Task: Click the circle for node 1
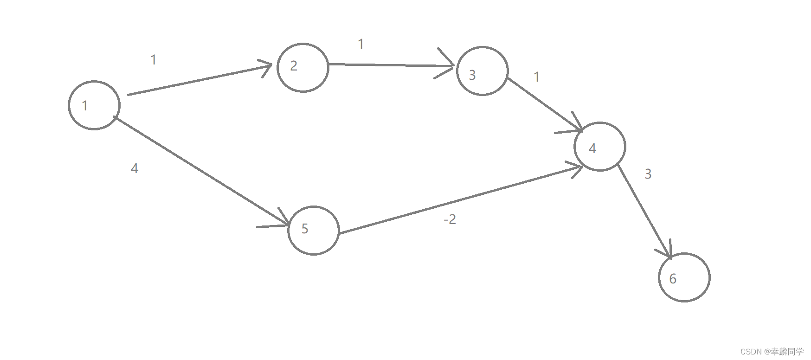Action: [94, 105]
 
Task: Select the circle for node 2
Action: [303, 68]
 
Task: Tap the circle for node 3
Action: [483, 71]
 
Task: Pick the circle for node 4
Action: [600, 147]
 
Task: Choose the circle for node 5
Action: [314, 231]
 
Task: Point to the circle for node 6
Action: [684, 277]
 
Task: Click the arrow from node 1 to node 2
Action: [200, 80]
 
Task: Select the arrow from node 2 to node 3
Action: [390, 65]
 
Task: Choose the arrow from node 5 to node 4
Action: [459, 199]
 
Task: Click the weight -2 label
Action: [450, 219]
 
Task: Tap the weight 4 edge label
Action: [135, 168]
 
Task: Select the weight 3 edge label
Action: [648, 174]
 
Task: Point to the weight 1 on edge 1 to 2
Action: [154, 60]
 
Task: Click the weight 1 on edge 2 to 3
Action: [361, 44]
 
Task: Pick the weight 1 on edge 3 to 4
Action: [537, 77]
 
